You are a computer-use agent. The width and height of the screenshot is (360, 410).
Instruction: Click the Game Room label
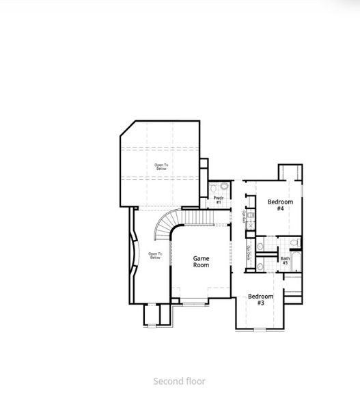pyautogui.click(x=201, y=261)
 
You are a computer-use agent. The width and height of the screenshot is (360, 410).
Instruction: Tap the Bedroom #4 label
pyautogui.click(x=280, y=204)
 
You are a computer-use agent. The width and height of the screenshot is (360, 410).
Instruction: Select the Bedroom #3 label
pyautogui.click(x=260, y=299)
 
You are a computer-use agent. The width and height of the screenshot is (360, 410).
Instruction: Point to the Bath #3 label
pyautogui.click(x=285, y=260)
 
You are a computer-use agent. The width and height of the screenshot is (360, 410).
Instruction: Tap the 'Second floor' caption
pyautogui.click(x=179, y=381)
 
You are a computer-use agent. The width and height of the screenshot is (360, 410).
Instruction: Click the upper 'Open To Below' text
pyautogui.click(x=161, y=166)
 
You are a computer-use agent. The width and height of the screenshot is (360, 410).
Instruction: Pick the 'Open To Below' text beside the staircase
pyautogui.click(x=155, y=256)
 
